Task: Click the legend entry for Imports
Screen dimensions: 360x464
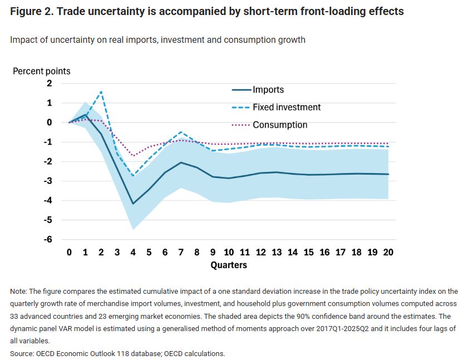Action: [268, 90]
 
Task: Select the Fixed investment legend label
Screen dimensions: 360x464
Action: [287, 107]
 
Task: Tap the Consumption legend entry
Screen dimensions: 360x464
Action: [280, 125]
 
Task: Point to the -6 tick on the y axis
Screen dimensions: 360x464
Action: [48, 239]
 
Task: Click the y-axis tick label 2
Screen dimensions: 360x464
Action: [50, 83]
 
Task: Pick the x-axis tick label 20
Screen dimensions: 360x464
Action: [388, 252]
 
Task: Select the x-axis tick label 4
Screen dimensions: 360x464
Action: [133, 252]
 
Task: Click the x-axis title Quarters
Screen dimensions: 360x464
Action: [229, 265]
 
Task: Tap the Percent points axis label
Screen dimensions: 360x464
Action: [42, 71]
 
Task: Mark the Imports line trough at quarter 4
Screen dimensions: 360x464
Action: [133, 204]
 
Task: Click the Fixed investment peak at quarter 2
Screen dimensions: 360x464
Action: [101, 92]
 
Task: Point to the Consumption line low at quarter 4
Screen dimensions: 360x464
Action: [133, 156]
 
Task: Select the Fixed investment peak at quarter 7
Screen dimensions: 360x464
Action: [181, 132]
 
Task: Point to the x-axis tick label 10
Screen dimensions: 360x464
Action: [229, 252]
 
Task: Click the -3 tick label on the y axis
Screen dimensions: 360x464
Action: [48, 181]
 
